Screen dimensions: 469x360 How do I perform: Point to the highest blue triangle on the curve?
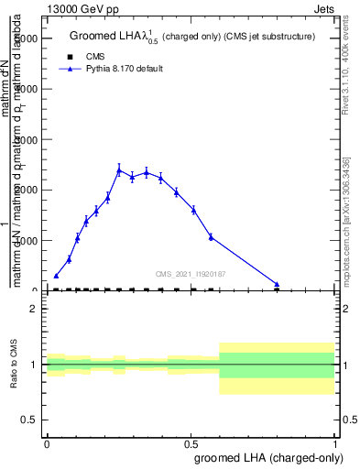[119, 169]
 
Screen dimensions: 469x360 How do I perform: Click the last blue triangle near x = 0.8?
[277, 284]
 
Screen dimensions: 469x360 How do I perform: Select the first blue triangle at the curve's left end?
[56, 275]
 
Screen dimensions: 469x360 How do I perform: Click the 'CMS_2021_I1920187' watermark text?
[191, 273]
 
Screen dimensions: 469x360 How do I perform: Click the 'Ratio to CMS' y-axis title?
[14, 365]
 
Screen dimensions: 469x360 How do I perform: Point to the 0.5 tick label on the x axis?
[191, 442]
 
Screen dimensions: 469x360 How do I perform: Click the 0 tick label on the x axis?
[47, 442]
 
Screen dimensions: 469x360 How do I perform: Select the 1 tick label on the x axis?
[335, 442]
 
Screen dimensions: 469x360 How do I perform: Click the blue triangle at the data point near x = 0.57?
[211, 236]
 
